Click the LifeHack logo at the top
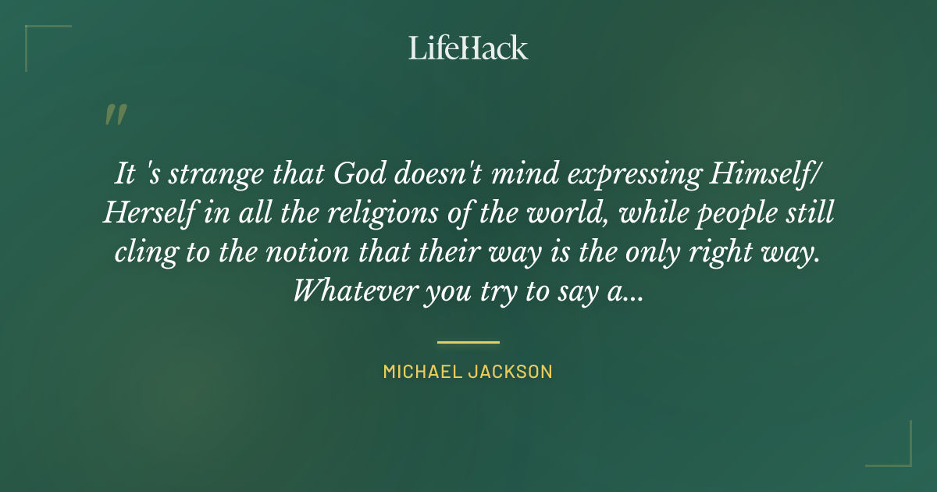point(468,48)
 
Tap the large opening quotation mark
point(116,115)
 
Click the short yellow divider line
point(468,341)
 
